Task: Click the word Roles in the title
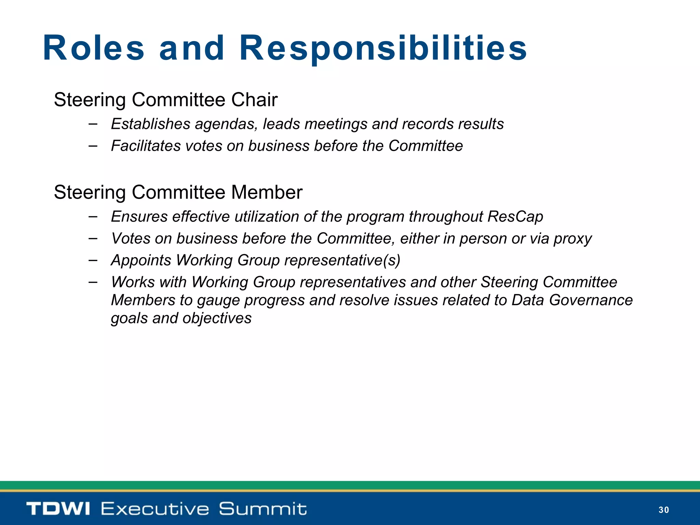(94, 48)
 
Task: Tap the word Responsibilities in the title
(383, 48)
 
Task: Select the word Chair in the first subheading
(254, 100)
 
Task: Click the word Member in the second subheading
(267, 192)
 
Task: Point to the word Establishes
(150, 124)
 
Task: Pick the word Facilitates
(146, 146)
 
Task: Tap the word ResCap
(515, 217)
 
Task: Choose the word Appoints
(141, 260)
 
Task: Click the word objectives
(217, 319)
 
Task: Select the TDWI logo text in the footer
(58, 509)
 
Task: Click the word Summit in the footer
(262, 509)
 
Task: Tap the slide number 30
(663, 510)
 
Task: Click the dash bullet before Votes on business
(93, 238)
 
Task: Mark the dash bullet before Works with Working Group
(93, 282)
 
